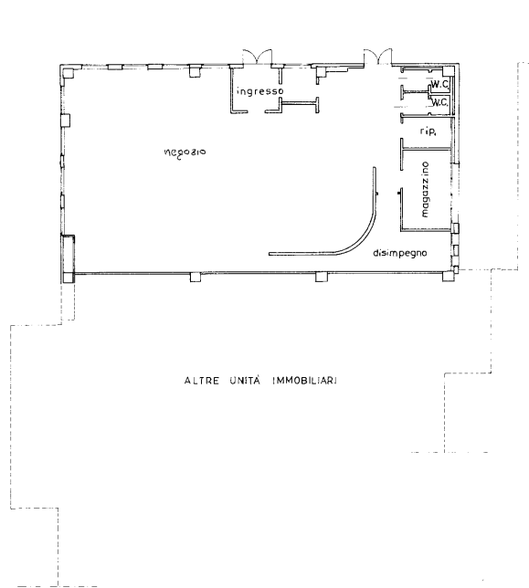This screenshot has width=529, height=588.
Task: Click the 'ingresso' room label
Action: pyautogui.click(x=259, y=91)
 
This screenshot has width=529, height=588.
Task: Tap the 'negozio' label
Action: pyautogui.click(x=185, y=152)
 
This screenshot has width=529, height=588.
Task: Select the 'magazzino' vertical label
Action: pyautogui.click(x=425, y=189)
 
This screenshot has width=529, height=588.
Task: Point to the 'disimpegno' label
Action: pyautogui.click(x=400, y=253)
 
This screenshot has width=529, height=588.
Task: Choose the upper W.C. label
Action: pyautogui.click(x=439, y=85)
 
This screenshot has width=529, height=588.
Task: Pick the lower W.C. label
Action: pyautogui.click(x=439, y=101)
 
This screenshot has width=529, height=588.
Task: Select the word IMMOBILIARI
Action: pyautogui.click(x=304, y=381)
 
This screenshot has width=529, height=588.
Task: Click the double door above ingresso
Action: pyautogui.click(x=257, y=57)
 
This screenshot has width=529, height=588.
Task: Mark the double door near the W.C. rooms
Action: pyautogui.click(x=377, y=57)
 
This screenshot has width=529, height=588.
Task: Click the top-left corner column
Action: pyautogui.click(x=68, y=72)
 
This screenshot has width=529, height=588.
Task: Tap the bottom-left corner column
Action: pyautogui.click(x=69, y=278)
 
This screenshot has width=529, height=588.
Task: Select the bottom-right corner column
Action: pyautogui.click(x=448, y=277)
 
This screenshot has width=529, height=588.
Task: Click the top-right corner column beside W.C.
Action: pyautogui.click(x=448, y=71)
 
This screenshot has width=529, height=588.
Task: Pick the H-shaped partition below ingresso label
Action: pyautogui.click(x=299, y=105)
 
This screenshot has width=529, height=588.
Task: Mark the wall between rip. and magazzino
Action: pyautogui.click(x=426, y=149)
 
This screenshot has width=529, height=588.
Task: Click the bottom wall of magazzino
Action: pyautogui.click(x=426, y=230)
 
